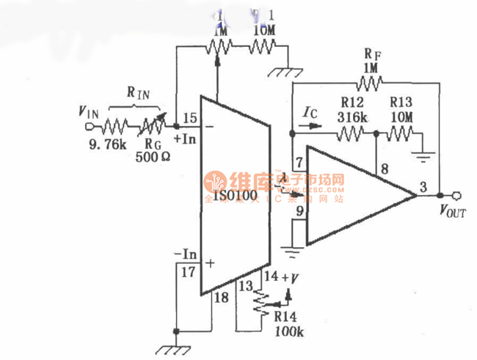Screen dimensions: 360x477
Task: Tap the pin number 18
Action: click(x=220, y=296)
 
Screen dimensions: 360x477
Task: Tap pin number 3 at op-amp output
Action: click(x=423, y=187)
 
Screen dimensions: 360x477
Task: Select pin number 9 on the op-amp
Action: click(x=298, y=213)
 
